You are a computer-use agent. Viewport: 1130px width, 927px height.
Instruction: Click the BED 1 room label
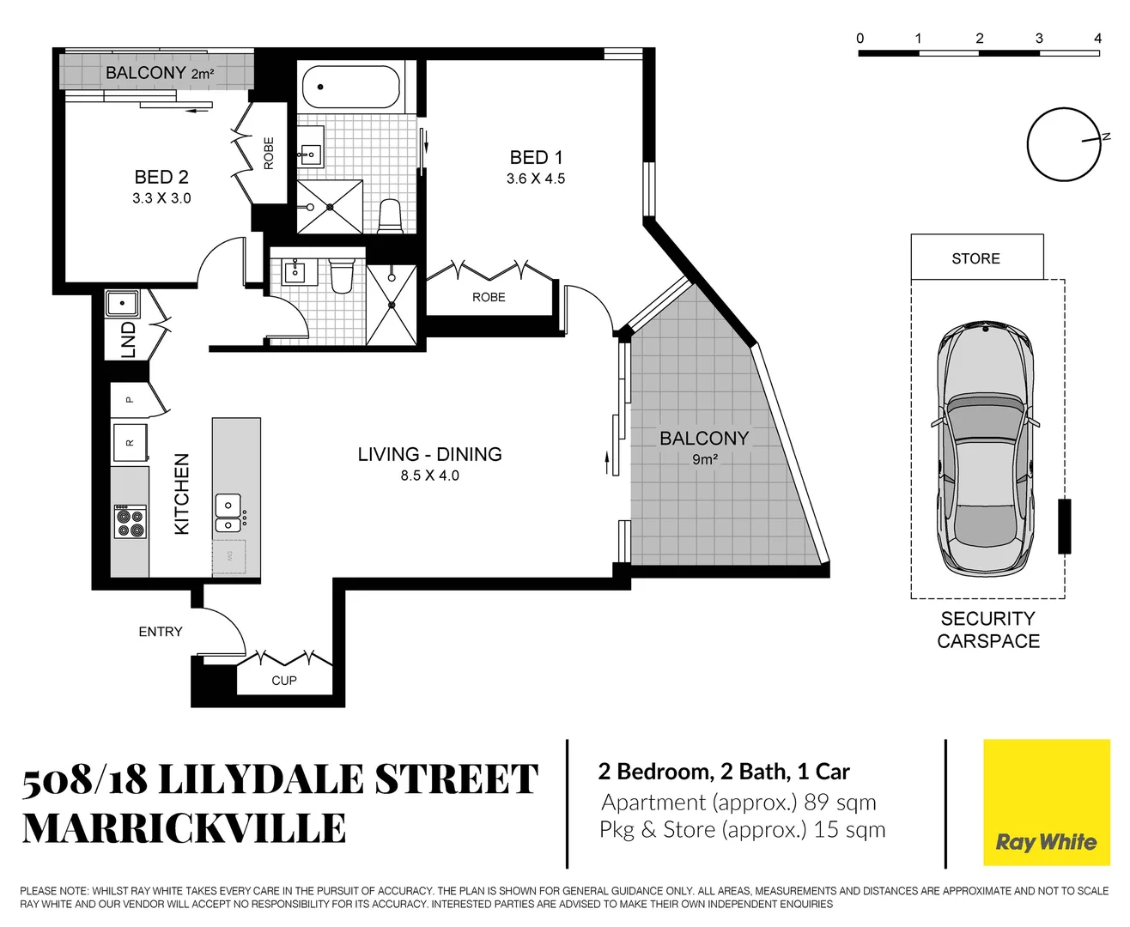pos(536,158)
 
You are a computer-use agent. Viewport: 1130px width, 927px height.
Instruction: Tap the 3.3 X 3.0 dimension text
pos(161,198)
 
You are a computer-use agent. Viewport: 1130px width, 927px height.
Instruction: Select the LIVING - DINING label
pos(429,454)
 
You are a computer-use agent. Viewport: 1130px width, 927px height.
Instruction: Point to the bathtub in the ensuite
pos(350,87)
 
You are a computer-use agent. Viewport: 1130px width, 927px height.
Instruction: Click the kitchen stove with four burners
pos(130,522)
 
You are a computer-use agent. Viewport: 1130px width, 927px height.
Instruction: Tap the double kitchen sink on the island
pos(228,512)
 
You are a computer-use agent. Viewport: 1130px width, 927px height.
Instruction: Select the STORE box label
pos(975,258)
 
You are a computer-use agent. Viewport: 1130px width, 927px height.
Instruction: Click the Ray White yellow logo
pos(1046,803)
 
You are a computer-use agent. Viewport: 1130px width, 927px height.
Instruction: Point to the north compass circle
pos(1064,144)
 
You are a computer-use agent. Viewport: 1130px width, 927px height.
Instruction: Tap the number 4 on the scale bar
pos(1097,39)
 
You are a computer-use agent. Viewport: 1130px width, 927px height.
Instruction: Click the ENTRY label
pos(161,632)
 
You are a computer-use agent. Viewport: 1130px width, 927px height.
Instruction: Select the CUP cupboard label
pos(284,681)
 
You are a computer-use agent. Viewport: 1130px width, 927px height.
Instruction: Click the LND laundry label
pos(129,339)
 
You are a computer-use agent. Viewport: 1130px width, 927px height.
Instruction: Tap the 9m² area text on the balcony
pos(704,460)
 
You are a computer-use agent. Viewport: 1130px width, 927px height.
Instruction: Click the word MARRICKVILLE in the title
pos(184,829)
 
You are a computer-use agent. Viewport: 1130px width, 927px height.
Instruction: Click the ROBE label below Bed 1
pos(489,297)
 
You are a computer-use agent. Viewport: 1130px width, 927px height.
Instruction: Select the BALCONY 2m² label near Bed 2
pos(159,73)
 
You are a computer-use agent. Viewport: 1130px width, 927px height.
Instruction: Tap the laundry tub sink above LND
pos(123,304)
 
